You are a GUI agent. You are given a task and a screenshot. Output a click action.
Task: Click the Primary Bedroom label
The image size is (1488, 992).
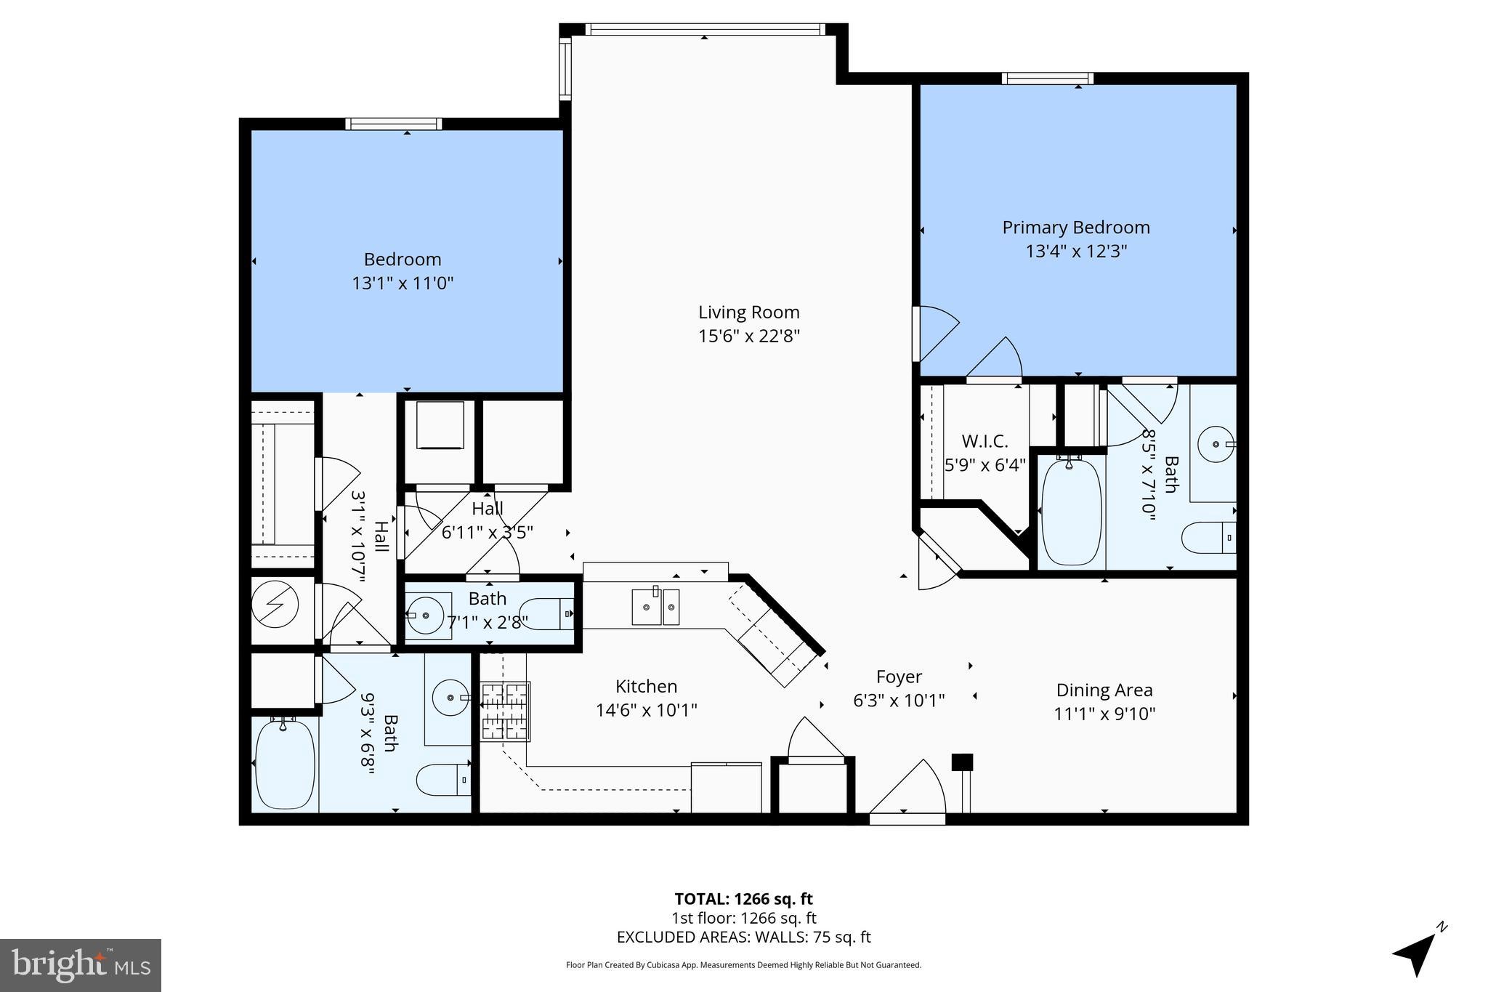(1075, 227)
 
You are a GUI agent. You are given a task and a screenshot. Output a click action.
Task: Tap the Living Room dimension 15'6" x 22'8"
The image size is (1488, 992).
(748, 336)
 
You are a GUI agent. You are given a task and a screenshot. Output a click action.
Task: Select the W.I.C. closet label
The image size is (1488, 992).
(984, 441)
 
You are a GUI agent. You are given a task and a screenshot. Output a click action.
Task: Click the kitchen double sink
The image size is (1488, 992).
(655, 607)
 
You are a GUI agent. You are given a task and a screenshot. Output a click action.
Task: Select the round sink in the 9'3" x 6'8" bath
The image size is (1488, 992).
(450, 698)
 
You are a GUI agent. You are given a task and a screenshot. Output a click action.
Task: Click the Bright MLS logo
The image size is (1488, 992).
(81, 965)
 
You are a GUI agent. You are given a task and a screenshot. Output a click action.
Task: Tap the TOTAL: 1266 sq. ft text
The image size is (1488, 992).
(743, 899)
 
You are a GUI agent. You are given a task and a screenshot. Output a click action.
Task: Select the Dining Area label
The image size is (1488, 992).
(1104, 690)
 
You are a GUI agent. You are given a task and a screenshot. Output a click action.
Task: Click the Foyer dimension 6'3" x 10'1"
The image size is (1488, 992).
(898, 700)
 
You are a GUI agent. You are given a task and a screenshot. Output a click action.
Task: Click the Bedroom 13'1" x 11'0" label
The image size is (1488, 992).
(403, 270)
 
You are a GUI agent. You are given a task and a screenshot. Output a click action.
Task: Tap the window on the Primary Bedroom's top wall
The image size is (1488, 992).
(1047, 78)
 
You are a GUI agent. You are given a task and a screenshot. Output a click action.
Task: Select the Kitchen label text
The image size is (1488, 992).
(646, 686)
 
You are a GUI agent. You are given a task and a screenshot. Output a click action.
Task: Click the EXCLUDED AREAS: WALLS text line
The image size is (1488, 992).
(743, 937)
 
